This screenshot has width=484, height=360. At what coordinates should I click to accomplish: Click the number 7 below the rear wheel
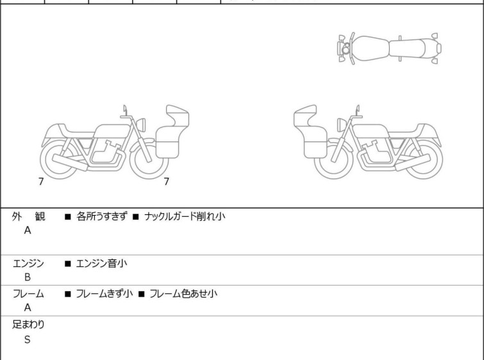coord(41,182)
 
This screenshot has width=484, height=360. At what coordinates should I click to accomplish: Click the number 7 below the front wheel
coord(167,182)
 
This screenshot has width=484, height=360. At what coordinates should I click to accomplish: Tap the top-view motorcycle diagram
coord(389,48)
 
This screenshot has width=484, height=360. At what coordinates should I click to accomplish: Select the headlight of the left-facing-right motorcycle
coord(141,124)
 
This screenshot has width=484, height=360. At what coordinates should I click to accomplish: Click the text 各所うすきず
coord(101,216)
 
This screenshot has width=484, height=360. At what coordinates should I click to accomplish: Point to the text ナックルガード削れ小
coord(185,216)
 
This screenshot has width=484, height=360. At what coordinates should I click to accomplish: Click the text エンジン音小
coord(101,264)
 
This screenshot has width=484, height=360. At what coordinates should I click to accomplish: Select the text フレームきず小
coord(104,293)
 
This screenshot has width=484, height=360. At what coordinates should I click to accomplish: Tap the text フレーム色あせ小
coord(183,293)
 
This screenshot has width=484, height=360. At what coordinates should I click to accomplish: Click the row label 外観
coord(28,216)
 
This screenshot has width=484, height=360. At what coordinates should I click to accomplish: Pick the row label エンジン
coord(28,264)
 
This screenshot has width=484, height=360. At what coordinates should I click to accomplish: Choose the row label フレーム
coord(28,293)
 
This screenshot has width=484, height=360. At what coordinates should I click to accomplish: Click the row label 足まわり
coord(28,325)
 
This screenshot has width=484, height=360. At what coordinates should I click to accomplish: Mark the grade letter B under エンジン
coord(28,277)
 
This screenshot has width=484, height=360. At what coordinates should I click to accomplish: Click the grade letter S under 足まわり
coord(28,339)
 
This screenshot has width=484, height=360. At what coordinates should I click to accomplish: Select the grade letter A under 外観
coord(28,230)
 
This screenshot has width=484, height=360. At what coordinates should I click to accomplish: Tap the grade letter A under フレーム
coord(28,307)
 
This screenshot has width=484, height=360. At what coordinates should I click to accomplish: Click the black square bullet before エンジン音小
coord(68,264)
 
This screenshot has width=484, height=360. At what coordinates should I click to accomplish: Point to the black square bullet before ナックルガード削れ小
coord(136,217)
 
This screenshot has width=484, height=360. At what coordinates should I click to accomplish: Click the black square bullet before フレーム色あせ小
coord(142,294)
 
